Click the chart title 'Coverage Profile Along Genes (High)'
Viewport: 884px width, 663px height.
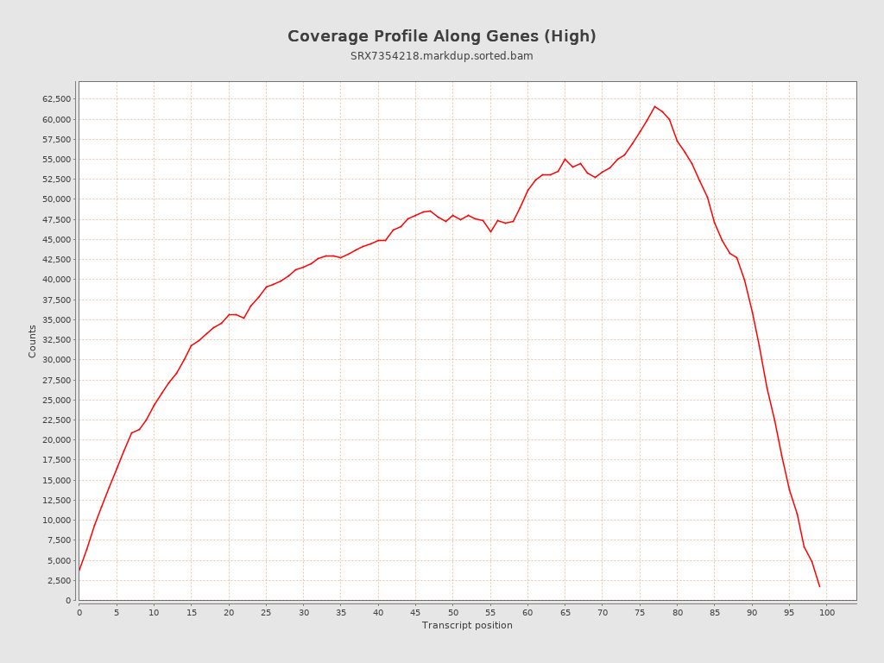pos(441,36)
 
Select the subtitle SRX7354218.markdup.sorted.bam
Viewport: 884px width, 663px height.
pos(441,56)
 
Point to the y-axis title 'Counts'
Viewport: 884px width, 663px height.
pos(33,341)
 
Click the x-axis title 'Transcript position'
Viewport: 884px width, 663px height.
pos(467,625)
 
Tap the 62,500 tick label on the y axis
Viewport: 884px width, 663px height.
pos(56,99)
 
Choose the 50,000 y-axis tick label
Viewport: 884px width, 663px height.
pos(56,199)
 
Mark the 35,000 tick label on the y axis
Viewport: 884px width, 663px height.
pos(56,320)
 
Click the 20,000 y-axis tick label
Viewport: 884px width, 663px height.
pos(56,440)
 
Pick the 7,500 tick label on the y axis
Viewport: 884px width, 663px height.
pos(59,540)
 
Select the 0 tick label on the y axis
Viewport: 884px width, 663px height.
pos(68,601)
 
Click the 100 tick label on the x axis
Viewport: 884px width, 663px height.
pos(827,613)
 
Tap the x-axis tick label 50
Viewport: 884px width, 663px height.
pos(452,613)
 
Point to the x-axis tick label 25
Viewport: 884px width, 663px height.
pos(266,613)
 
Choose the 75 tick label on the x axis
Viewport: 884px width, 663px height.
pos(640,613)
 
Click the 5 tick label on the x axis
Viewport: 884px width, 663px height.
pos(117,613)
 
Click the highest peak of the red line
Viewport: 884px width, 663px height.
pos(654,106)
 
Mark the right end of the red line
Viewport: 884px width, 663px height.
pos(819,586)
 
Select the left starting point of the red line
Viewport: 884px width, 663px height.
pos(79,570)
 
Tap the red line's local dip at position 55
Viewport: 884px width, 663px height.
pos(490,231)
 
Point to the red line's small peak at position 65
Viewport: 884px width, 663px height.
pos(565,159)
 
